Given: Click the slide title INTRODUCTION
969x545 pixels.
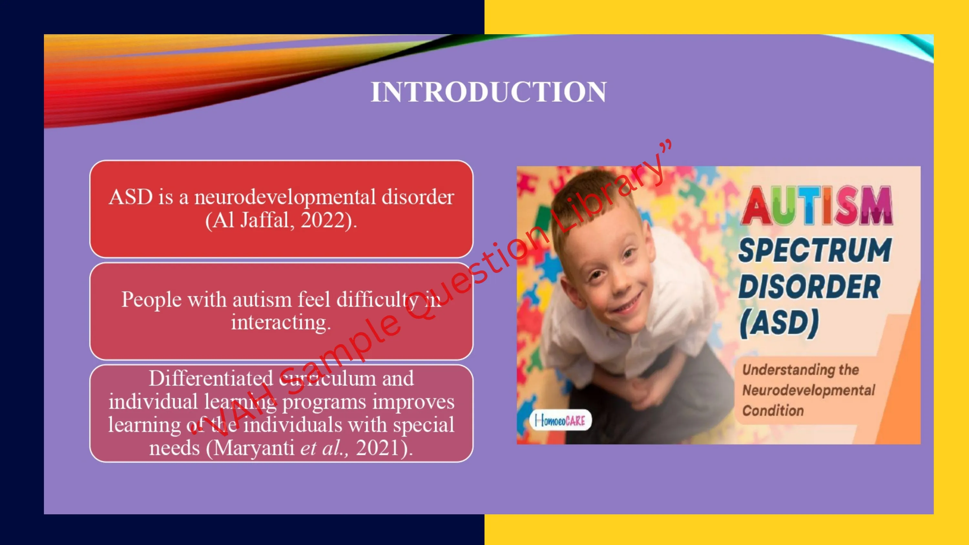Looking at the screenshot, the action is point(489,92).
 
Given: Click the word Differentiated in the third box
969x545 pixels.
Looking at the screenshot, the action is point(211,378).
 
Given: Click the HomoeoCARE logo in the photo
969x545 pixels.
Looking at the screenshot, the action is point(560,420).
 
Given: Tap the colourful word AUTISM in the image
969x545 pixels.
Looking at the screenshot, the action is point(817,206).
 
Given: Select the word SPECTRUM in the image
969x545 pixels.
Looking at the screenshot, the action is point(815,250).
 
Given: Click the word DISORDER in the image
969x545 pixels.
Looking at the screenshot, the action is point(809,287).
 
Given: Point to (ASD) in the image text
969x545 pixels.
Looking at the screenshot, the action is point(779,324).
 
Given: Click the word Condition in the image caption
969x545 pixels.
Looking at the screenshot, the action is point(773,410).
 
